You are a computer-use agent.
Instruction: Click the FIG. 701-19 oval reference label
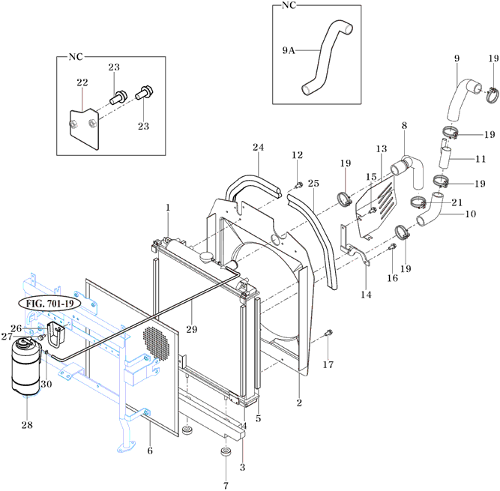point(49,304)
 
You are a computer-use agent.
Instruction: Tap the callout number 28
point(27,425)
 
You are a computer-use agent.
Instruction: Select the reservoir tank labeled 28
point(26,367)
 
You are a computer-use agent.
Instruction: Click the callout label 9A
point(289,50)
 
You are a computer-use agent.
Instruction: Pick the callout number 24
point(259,147)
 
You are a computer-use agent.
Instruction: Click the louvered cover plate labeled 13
point(376,206)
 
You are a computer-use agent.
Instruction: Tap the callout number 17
point(328,364)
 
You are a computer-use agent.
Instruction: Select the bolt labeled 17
point(328,334)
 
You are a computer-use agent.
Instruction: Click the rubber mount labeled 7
point(226,452)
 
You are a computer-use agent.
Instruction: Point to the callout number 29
point(192,329)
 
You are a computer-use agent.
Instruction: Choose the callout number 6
point(150,451)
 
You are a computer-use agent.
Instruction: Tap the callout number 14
point(366,295)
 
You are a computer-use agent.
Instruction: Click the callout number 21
point(457,202)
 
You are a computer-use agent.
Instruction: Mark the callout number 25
point(313,184)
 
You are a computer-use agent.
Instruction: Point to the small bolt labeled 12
point(299,185)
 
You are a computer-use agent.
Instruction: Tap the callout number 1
point(168,208)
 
